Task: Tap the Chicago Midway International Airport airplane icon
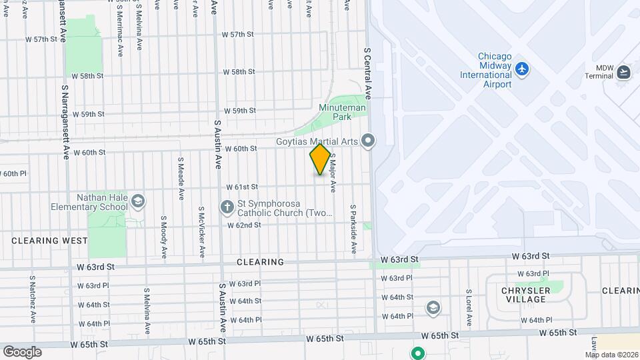point(522,68)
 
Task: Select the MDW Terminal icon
point(623,72)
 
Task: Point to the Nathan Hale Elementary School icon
point(137,201)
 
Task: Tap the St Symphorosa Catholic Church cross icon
point(227,207)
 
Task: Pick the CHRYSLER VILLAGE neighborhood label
point(526,295)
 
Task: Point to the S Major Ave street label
point(332,171)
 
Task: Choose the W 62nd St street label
point(243,225)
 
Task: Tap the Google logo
point(22,351)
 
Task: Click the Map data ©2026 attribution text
point(611,355)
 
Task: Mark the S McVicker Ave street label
point(201,231)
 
